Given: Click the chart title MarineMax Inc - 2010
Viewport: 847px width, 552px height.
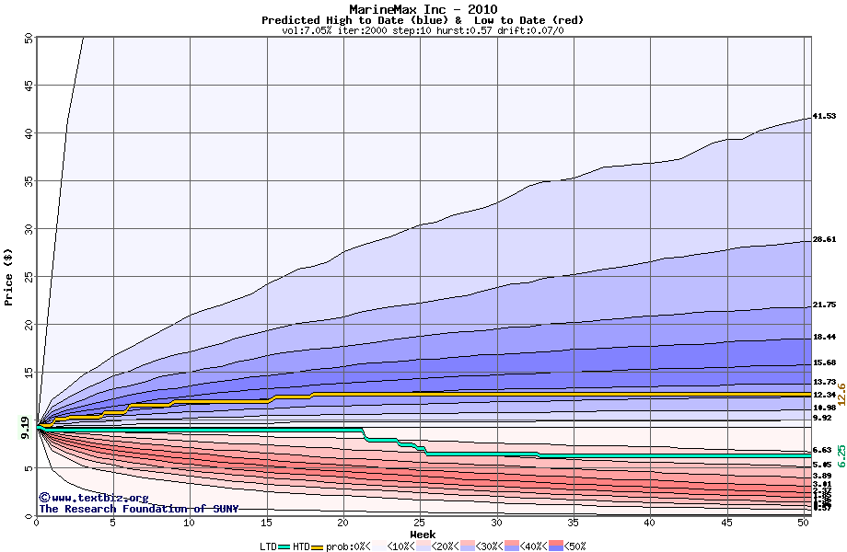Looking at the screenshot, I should (x=423, y=9).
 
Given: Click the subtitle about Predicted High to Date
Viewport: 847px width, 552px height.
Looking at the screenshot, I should (x=423, y=20).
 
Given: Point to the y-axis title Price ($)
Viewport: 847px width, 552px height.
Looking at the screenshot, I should (x=8, y=275).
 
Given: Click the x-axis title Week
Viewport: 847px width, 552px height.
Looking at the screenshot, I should (x=423, y=534).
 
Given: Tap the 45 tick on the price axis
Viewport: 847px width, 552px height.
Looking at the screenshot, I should (x=28, y=86).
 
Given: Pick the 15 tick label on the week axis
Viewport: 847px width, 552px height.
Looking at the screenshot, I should (x=266, y=523).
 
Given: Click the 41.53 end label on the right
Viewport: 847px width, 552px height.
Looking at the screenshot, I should (x=824, y=116).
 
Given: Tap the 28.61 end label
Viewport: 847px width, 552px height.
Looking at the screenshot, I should (x=824, y=239).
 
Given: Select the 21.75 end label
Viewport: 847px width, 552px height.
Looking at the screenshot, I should (x=824, y=305).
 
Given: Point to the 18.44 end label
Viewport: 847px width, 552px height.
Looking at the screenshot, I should (x=824, y=337).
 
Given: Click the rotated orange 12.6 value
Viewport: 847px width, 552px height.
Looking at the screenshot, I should (x=841, y=395).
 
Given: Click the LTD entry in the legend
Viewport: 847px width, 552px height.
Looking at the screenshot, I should (x=268, y=546).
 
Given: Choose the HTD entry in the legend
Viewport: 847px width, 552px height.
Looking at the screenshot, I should (x=301, y=546).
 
